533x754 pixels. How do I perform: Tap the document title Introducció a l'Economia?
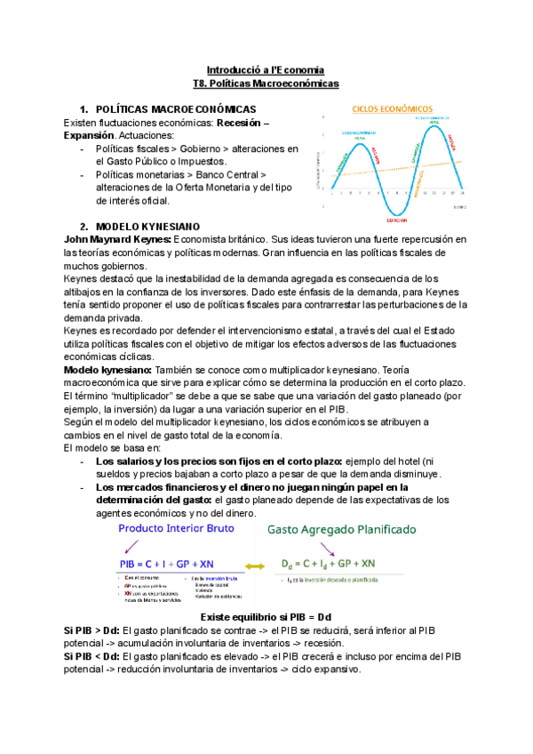[266, 68]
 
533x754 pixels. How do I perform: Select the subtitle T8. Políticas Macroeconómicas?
[266, 82]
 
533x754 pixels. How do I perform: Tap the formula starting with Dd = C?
[328, 564]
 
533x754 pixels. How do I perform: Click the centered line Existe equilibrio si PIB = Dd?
[266, 616]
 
